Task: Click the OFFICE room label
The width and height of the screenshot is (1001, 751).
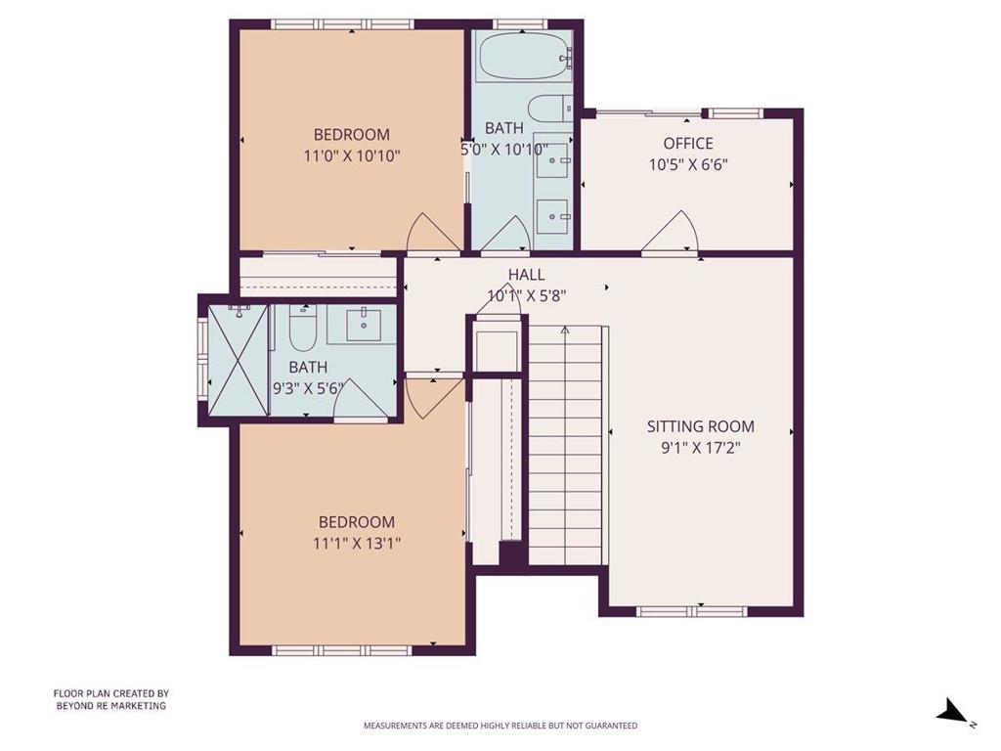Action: [688, 144]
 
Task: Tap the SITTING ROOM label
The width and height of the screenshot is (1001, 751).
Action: [701, 426]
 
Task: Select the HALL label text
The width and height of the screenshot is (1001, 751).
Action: [526, 275]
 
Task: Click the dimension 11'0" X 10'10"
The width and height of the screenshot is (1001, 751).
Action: [351, 155]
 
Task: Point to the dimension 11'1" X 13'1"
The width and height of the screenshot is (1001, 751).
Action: [356, 542]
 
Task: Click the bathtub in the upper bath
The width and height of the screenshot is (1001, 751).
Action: [523, 58]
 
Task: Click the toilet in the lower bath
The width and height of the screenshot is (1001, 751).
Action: [301, 330]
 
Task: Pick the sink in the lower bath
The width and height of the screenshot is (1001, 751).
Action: [363, 322]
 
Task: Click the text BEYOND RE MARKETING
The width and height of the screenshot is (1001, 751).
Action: [109, 705]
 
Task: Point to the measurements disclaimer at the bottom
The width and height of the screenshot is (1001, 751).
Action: [500, 726]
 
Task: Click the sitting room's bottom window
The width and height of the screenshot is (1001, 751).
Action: [700, 610]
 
